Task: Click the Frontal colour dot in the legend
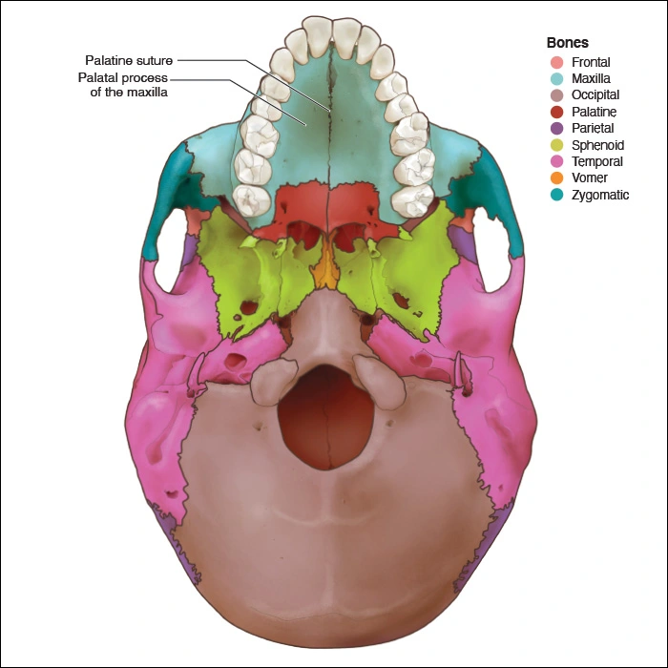click(x=556, y=62)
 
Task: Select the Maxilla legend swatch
click(x=556, y=78)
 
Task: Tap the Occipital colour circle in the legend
click(x=556, y=95)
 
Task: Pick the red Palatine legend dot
click(x=556, y=112)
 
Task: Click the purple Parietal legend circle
click(x=556, y=128)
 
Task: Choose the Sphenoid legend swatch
click(x=556, y=145)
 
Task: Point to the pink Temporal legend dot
click(x=556, y=161)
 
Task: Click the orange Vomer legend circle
click(x=556, y=178)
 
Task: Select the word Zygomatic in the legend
click(x=600, y=195)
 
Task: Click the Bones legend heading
click(x=567, y=43)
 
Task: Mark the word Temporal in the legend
click(x=597, y=161)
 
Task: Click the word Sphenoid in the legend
click(x=598, y=145)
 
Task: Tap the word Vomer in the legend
click(x=591, y=178)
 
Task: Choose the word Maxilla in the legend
click(x=592, y=78)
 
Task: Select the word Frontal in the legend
click(x=591, y=62)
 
